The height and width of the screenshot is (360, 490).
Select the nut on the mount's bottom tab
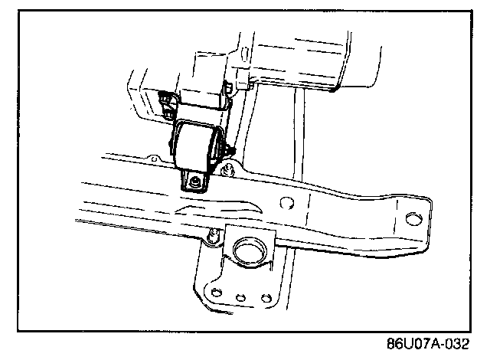pyautogui.click(x=198, y=182)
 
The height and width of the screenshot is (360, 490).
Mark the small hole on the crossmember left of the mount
pyautogui.click(x=154, y=160)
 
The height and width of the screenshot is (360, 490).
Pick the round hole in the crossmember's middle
pyautogui.click(x=287, y=203)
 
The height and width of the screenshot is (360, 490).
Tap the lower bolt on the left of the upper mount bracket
pyautogui.click(x=167, y=115)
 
